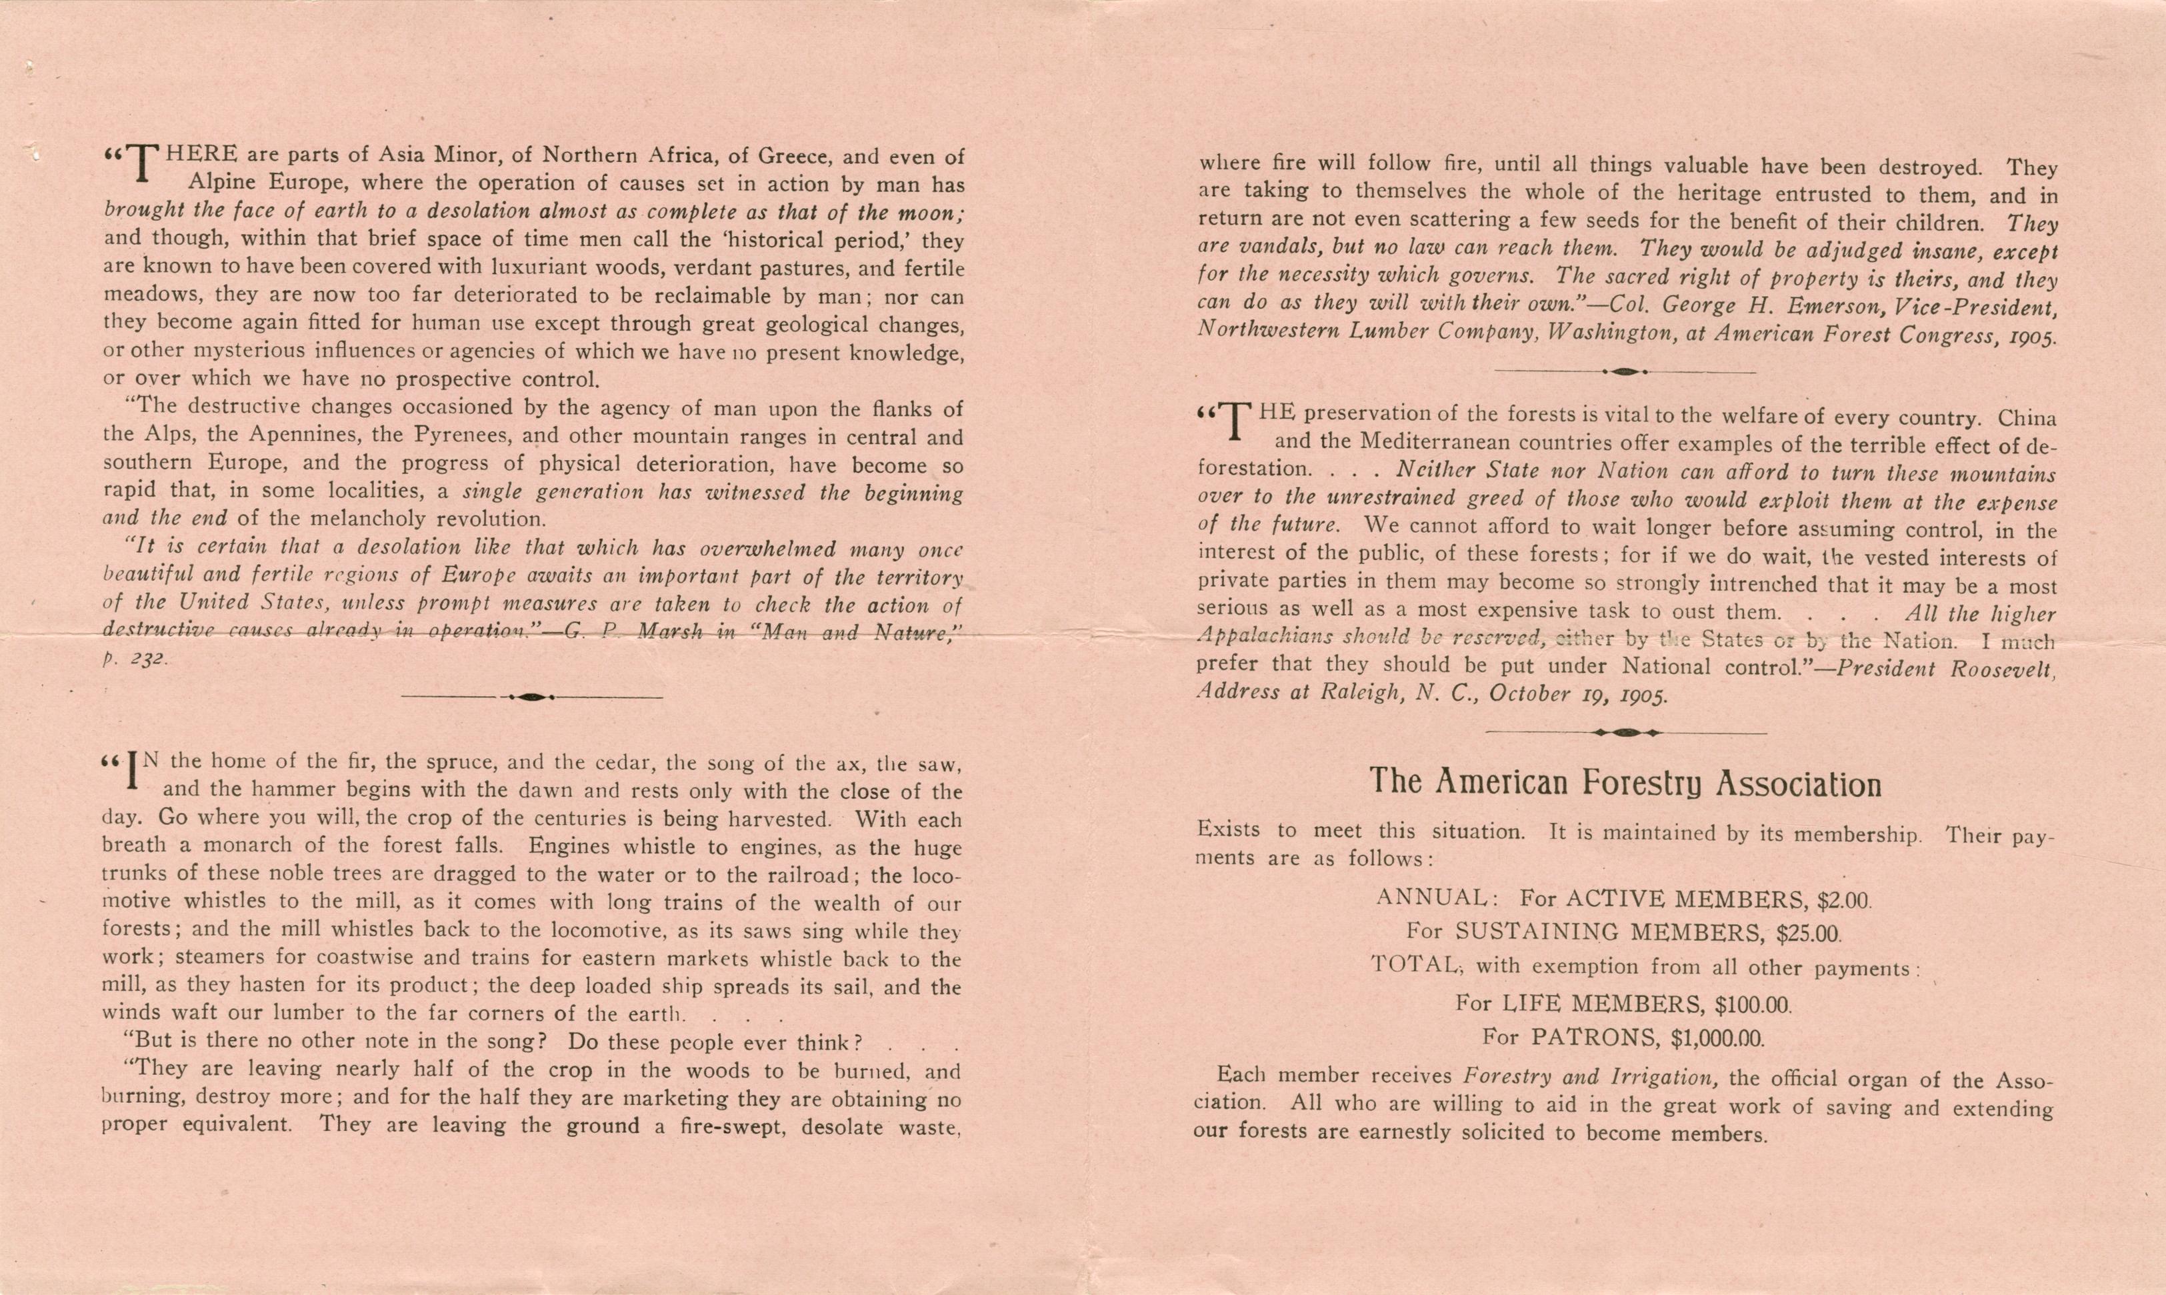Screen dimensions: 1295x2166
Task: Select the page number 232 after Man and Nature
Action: pos(147,661)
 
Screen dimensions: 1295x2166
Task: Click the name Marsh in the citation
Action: pos(670,631)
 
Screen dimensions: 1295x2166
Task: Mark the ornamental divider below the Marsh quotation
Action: pos(531,696)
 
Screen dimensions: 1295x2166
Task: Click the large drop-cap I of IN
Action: pos(133,770)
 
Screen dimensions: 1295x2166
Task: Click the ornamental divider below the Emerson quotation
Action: pos(1624,371)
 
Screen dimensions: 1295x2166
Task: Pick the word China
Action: pos(2027,417)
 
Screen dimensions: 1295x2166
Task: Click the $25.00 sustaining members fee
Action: pos(1809,934)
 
